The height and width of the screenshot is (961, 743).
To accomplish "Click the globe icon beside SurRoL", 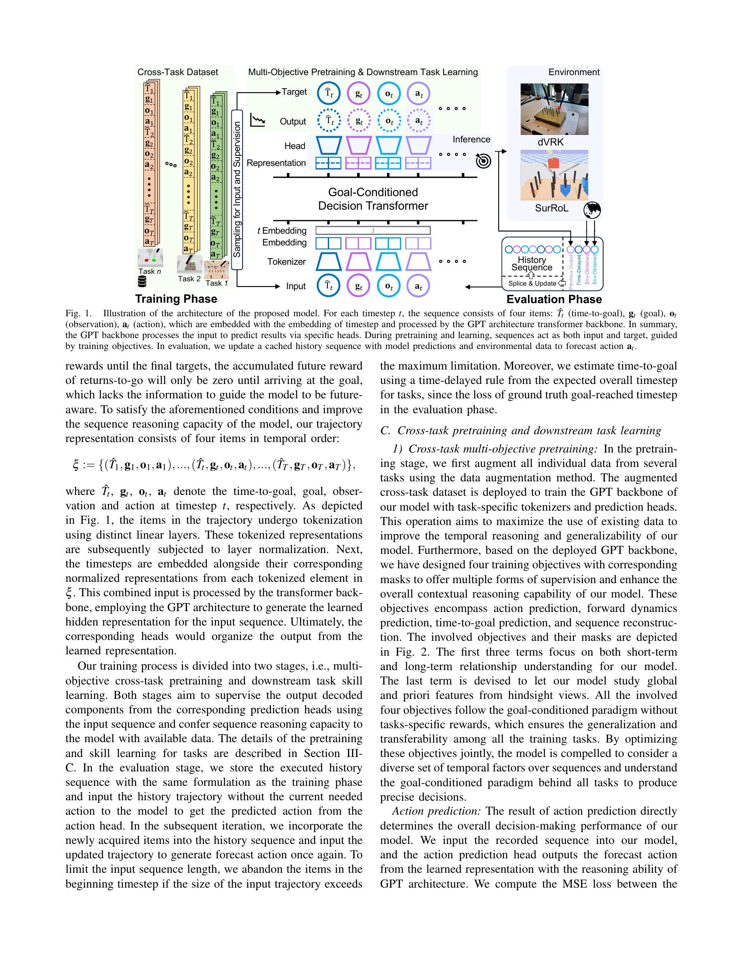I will (x=592, y=211).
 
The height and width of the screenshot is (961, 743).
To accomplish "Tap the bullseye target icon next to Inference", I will (x=483, y=162).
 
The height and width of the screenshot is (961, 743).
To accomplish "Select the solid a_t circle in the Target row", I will (x=418, y=94).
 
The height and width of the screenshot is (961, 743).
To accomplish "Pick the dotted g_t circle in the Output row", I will (x=359, y=121).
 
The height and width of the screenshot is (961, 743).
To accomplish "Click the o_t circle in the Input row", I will (x=389, y=286).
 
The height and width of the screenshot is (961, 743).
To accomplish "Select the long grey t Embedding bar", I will (x=373, y=230).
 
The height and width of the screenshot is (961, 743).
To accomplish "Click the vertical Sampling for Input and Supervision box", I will (x=237, y=189).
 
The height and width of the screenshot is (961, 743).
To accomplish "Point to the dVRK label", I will (x=550, y=142).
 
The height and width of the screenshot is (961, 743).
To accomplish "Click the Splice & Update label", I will (x=532, y=283).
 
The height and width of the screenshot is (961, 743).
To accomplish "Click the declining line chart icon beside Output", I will (x=257, y=120).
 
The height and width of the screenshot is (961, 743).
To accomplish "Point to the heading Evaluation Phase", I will (x=554, y=299).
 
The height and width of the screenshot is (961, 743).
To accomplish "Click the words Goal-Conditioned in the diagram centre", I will (x=373, y=192).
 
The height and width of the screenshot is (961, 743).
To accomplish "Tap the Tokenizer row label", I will (x=286, y=262).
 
